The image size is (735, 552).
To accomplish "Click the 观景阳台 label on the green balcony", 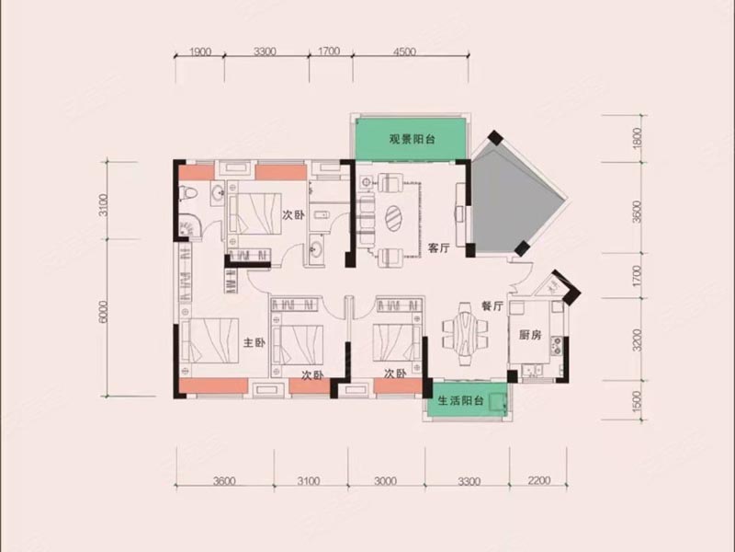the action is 412,140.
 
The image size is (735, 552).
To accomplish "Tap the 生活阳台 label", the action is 461,401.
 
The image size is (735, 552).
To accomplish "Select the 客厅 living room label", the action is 438,248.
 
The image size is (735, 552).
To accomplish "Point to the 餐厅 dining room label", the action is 492,306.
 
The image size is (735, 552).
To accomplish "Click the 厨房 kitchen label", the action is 531,335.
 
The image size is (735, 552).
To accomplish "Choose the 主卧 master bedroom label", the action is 254,343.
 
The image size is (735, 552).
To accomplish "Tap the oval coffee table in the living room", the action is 393,219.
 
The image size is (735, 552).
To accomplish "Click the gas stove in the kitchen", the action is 557,345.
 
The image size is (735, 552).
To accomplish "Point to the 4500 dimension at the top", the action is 404,52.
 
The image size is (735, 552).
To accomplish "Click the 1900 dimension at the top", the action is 200,52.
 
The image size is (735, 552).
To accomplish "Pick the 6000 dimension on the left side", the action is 104,311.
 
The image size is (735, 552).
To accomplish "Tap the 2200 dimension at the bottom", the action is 538,480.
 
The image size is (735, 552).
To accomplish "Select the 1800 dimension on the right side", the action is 637,139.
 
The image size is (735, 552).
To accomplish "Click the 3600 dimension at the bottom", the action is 224,480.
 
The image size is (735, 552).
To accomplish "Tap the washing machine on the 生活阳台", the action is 497,402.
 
